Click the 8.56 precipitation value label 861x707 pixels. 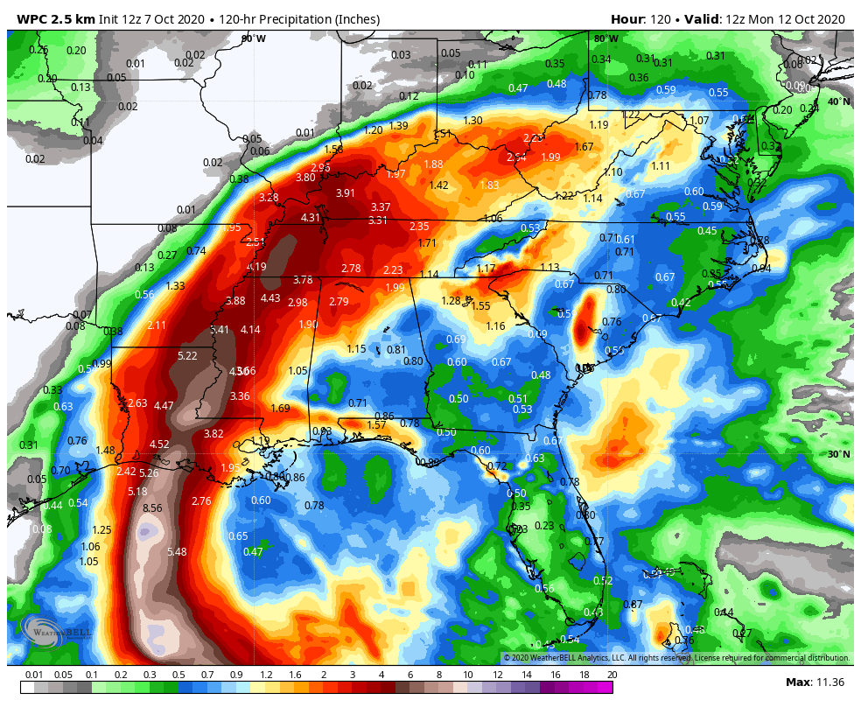(152, 507)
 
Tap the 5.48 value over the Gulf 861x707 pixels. (177, 551)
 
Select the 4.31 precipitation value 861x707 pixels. (311, 218)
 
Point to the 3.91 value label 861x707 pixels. (346, 193)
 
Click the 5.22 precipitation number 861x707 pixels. (187, 356)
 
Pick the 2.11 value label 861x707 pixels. (157, 325)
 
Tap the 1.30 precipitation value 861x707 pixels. (472, 121)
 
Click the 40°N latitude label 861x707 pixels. (838, 101)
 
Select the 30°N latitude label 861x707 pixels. (838, 454)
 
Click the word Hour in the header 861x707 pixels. (626, 19)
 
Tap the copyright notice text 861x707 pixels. (676, 658)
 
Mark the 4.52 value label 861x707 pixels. (159, 444)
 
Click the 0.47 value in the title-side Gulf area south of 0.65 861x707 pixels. (253, 552)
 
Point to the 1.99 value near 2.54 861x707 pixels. (550, 157)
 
